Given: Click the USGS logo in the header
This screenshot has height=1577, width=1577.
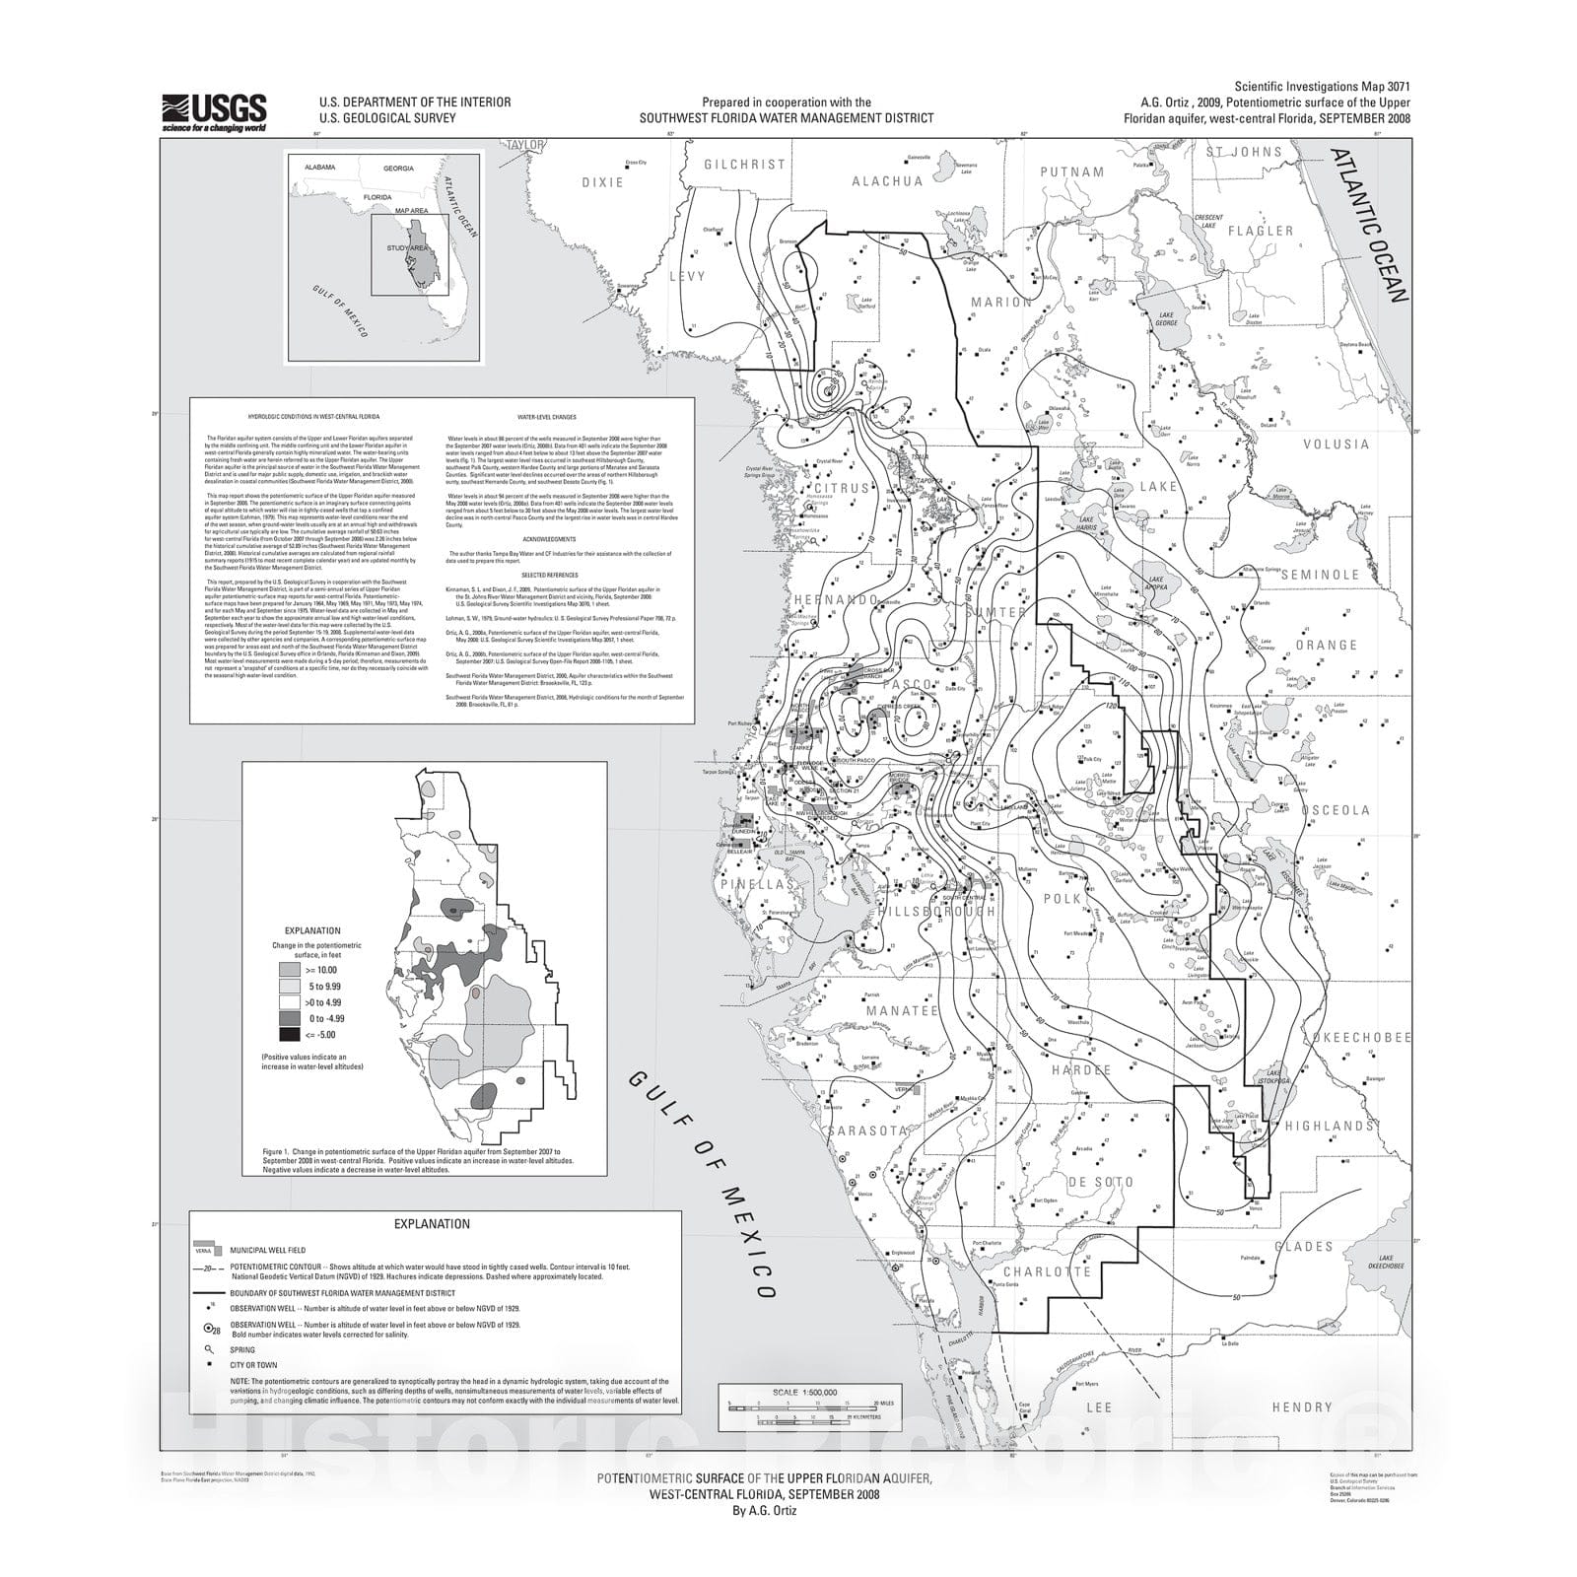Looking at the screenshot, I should coord(214,112).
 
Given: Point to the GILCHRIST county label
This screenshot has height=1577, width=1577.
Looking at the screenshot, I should coord(744,165).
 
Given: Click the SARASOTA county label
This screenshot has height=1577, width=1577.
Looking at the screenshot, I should coord(867,1131).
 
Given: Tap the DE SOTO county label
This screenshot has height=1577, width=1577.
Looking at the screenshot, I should coord(1099,1182).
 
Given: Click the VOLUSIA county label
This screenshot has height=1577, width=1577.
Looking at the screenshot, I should coord(1336,445).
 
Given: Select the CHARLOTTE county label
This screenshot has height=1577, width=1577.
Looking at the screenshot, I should coord(1046,1271).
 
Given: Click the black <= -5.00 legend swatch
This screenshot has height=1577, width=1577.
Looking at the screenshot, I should coord(289,1035).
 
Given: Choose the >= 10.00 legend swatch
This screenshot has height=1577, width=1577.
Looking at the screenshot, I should coord(289,970).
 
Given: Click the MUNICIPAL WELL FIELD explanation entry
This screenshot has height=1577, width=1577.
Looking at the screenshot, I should coord(267,1250).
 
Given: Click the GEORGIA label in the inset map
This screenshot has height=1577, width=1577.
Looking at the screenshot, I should coord(398,169).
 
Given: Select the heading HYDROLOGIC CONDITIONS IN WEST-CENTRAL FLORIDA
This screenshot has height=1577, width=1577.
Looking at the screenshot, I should coord(313,417).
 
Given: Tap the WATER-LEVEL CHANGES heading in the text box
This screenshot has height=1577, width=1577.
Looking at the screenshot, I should coord(552,417).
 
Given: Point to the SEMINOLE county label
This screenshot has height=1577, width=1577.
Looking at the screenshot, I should coord(1320,575).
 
